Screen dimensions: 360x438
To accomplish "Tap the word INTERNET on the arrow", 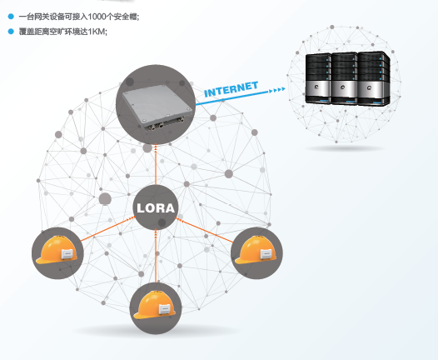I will point(231,89).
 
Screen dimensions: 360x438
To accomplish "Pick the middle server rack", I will point(343,78).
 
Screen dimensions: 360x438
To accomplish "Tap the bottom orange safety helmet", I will point(156,307).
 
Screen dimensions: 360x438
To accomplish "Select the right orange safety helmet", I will point(256,252).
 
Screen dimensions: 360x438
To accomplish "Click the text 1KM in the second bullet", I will point(98,32).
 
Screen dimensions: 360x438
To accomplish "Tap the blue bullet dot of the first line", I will point(10,17).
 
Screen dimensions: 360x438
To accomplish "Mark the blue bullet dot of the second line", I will point(10,32).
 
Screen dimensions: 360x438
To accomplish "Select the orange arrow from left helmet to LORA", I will point(104,231).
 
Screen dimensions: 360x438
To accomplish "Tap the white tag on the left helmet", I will point(68,252).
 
